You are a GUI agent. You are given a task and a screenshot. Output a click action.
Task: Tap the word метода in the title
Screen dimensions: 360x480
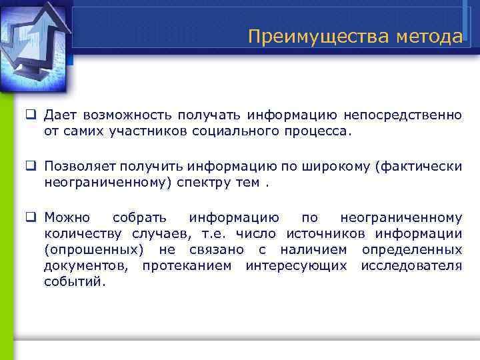(428, 36)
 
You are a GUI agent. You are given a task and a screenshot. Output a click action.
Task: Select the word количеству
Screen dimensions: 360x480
(82, 233)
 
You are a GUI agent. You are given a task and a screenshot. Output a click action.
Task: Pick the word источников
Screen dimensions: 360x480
(327, 233)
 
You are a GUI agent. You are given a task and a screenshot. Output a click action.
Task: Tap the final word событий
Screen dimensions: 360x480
(75, 281)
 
